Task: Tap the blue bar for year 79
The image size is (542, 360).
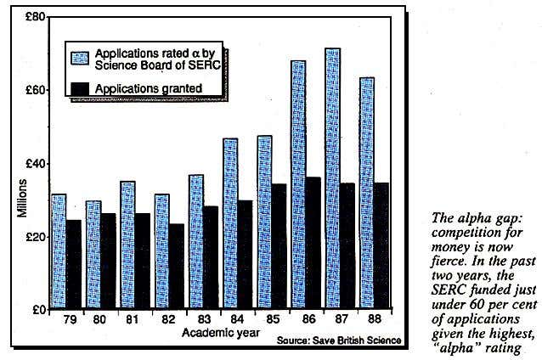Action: pyautogui.click(x=59, y=251)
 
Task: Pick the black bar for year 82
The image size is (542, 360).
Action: pyautogui.click(x=177, y=266)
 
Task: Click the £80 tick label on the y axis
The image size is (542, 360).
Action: pyautogui.click(x=35, y=17)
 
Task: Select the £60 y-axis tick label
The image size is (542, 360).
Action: pyautogui.click(x=35, y=90)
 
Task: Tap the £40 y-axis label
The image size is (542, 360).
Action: pyautogui.click(x=35, y=163)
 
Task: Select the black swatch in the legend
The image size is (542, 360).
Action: pyautogui.click(x=79, y=87)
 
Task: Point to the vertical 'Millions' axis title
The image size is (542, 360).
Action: pyautogui.click(x=22, y=199)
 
